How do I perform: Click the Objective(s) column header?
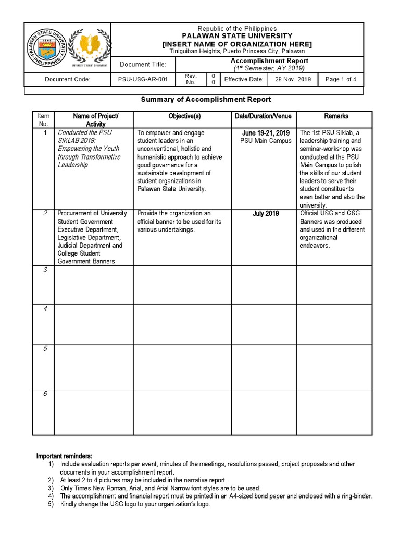(x=184, y=116)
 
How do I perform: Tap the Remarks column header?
(x=336, y=116)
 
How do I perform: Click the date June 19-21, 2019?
(x=266, y=133)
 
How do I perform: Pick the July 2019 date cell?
(x=266, y=214)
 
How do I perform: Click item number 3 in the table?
(x=45, y=270)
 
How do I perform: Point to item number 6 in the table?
(x=45, y=394)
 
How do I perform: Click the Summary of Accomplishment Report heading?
(x=206, y=99)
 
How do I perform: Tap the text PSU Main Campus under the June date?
(x=266, y=141)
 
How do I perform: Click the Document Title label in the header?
(x=143, y=65)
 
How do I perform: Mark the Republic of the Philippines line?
(x=237, y=28)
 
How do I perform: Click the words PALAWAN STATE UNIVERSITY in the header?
(x=237, y=35)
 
